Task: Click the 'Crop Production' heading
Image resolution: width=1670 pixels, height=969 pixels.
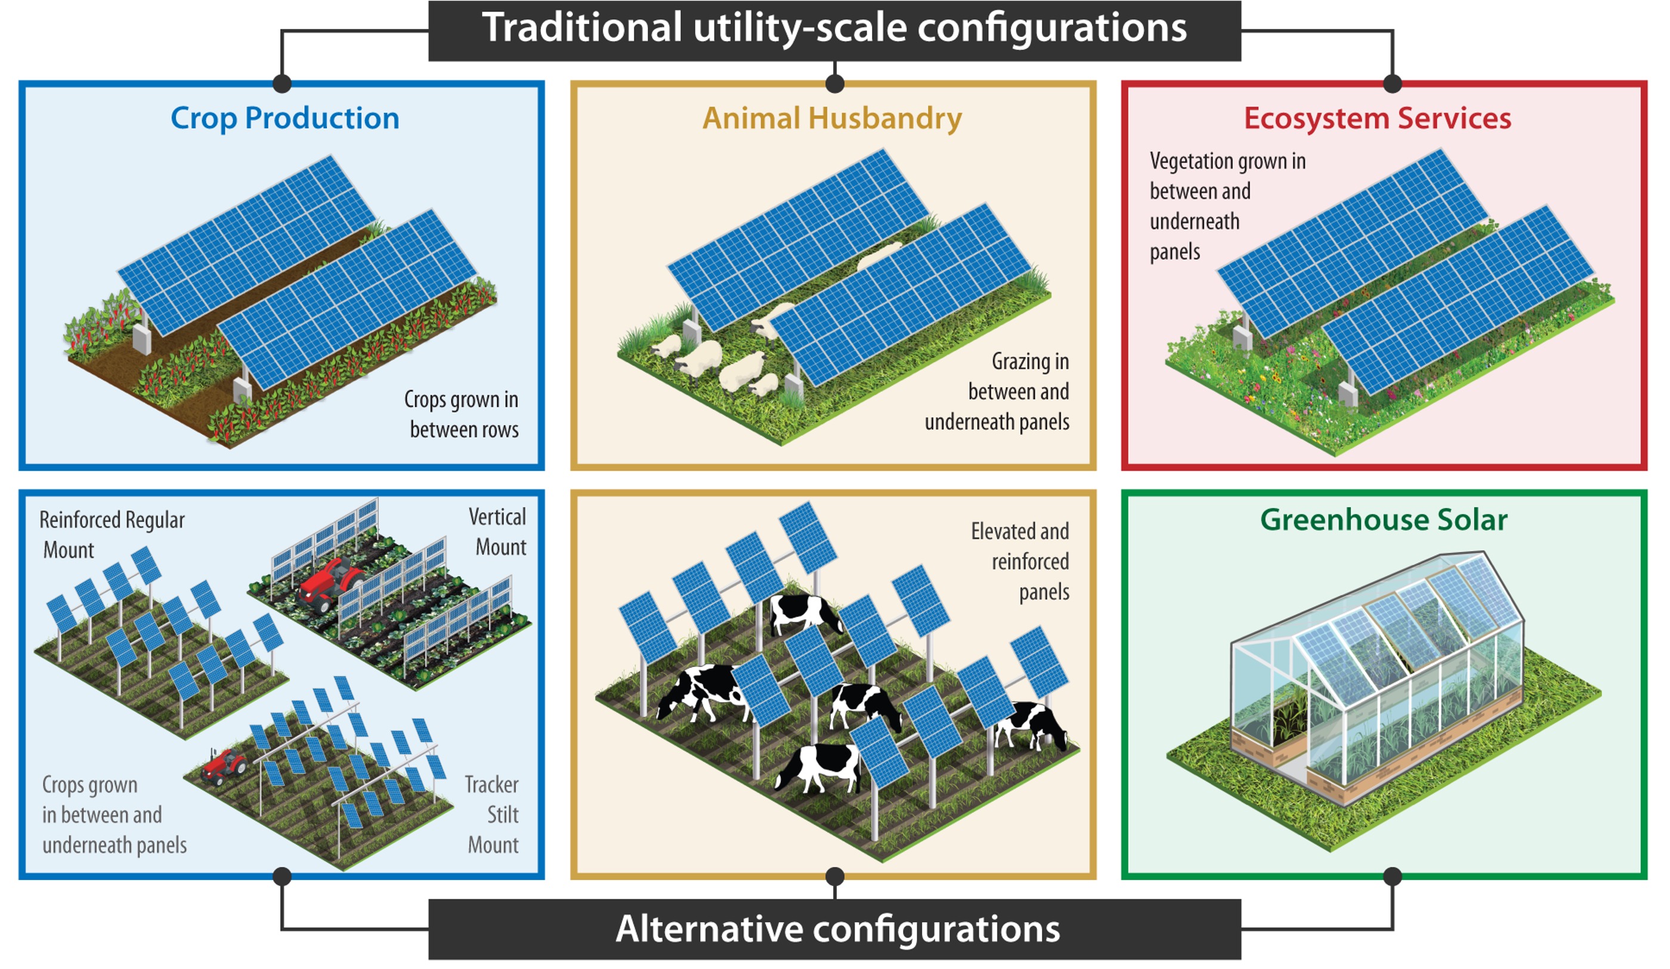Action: pos(285,119)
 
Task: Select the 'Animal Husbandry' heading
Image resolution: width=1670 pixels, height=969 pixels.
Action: pos(833,119)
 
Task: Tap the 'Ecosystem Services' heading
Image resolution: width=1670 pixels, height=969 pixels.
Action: pos(1377,119)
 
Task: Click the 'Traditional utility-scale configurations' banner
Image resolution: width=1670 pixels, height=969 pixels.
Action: pos(834,29)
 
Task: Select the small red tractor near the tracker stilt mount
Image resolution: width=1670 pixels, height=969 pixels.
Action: pos(224,767)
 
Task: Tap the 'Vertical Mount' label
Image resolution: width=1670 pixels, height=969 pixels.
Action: pos(499,532)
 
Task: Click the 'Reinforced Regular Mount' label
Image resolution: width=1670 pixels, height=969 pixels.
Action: pos(111,535)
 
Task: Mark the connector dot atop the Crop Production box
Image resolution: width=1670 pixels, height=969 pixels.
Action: pos(282,84)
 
